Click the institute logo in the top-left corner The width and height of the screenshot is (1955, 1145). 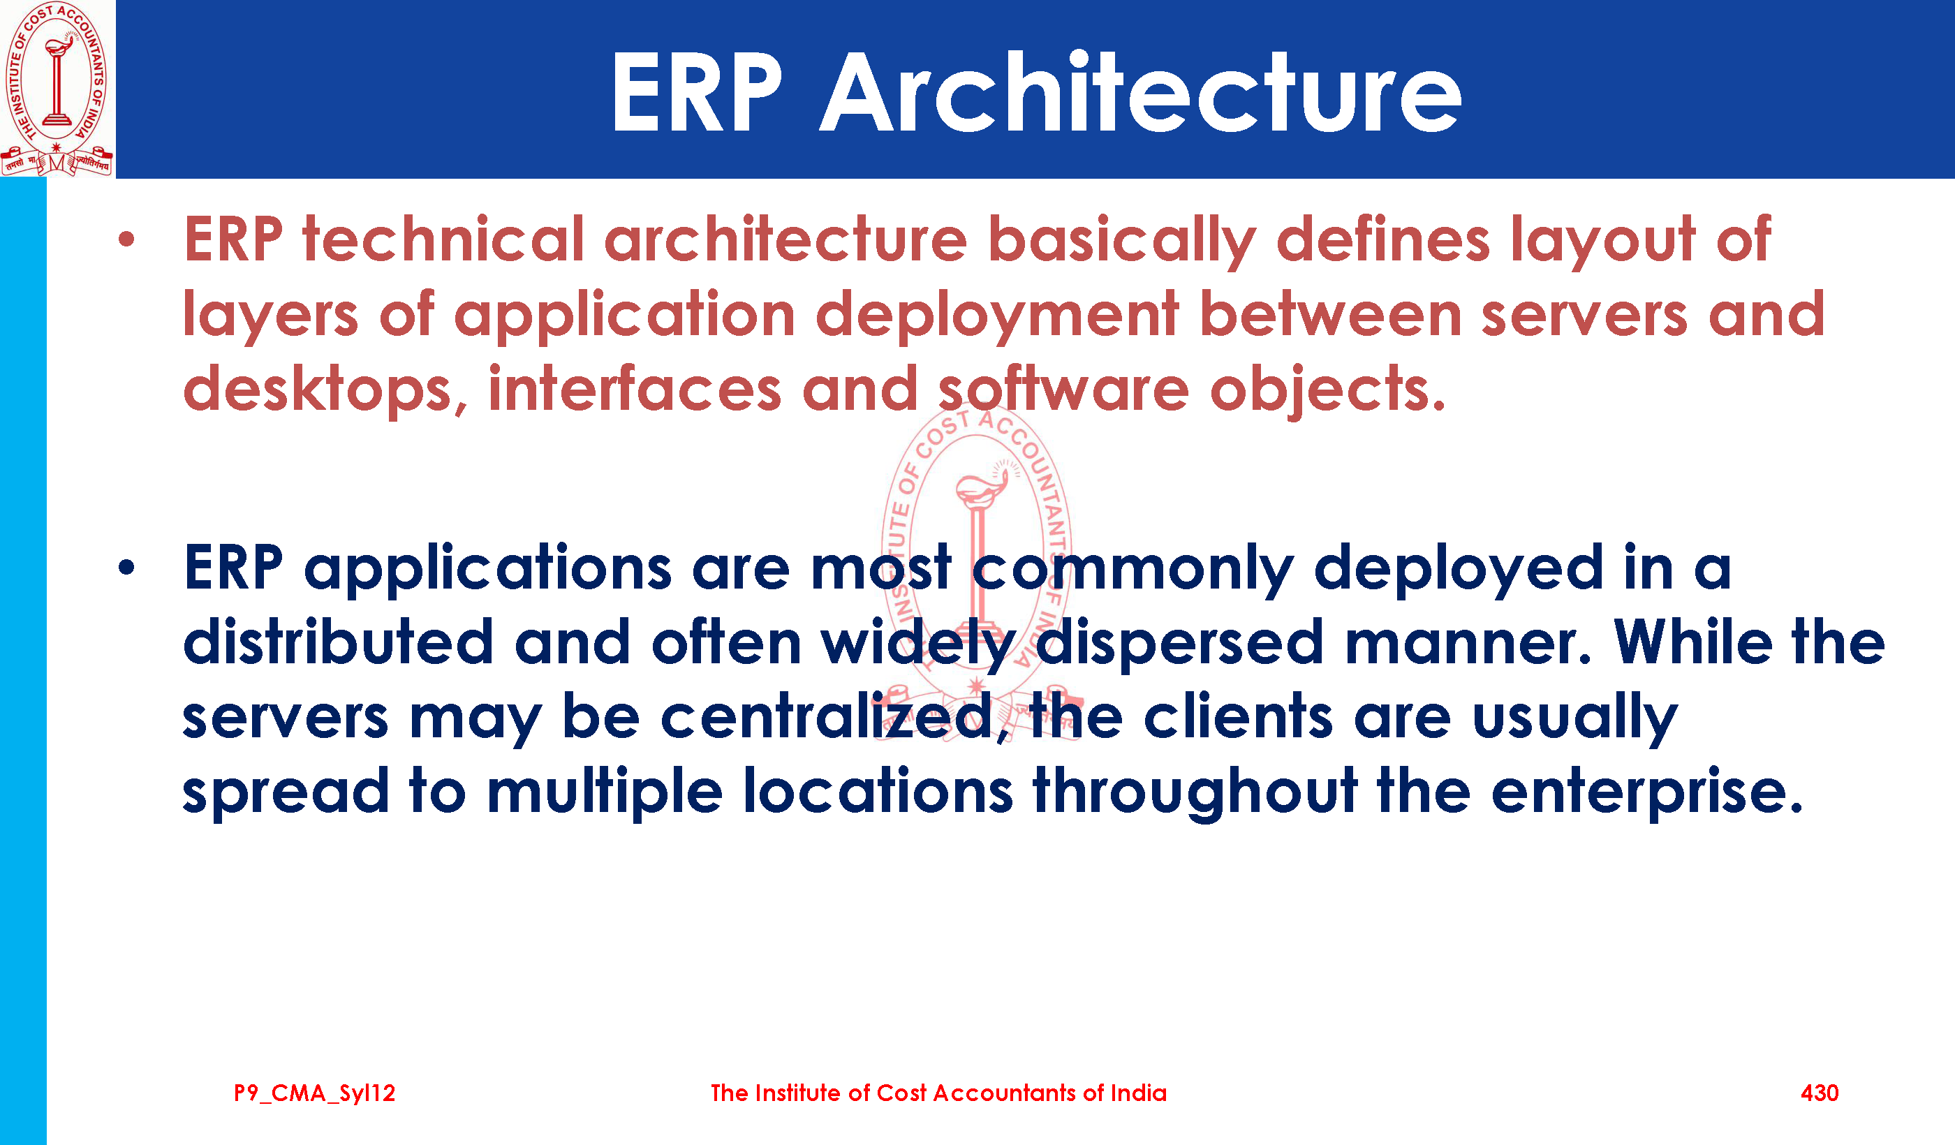pos(57,89)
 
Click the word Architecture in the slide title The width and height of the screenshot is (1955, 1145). pos(1140,92)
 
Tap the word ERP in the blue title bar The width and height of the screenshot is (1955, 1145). pos(697,94)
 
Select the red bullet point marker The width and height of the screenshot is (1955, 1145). pos(126,239)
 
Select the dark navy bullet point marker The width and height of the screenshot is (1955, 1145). pos(126,568)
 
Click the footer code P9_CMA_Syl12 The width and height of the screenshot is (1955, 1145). pos(315,1094)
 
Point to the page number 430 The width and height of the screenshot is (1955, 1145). pos(1820,1093)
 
